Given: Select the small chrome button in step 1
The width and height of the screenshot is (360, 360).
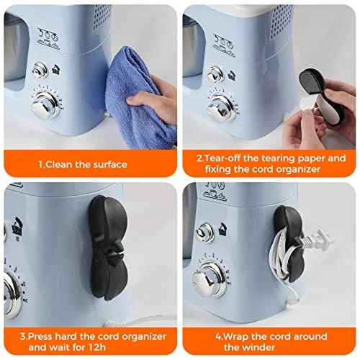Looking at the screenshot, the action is [40, 70].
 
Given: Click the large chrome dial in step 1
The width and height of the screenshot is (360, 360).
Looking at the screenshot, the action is [45, 105].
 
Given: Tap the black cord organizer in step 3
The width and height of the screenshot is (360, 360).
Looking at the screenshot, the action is [108, 248].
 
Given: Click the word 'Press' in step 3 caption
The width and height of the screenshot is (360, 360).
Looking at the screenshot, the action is [40, 336].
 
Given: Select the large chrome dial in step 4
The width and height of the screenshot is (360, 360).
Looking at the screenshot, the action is [210, 279].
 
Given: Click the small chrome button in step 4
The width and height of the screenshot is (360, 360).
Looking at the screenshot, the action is [204, 233].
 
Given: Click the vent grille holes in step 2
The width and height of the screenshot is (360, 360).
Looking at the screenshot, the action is [282, 23].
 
